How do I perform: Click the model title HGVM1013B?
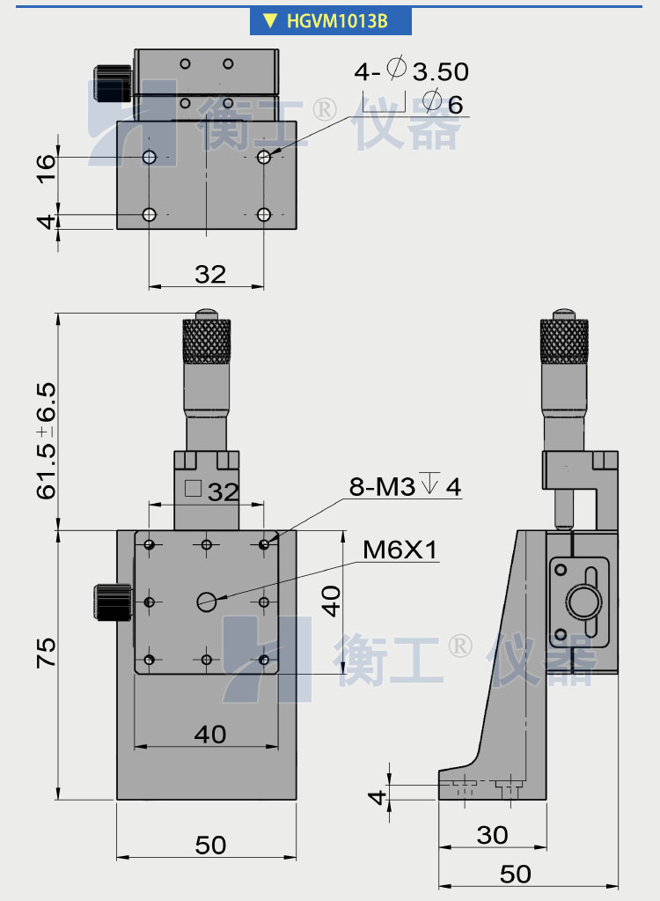pyautogui.click(x=337, y=21)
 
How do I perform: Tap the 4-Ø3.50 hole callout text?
pyautogui.click(x=411, y=71)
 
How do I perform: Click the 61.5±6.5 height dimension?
pyautogui.click(x=47, y=440)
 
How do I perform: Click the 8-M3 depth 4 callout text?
pyautogui.click(x=405, y=486)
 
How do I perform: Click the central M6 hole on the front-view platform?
pyautogui.click(x=207, y=602)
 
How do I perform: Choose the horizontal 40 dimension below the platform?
pyautogui.click(x=209, y=733)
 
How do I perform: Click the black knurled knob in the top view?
pyautogui.click(x=112, y=82)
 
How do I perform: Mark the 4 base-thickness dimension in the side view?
pyautogui.click(x=378, y=797)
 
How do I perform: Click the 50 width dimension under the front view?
pyautogui.click(x=210, y=846)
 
